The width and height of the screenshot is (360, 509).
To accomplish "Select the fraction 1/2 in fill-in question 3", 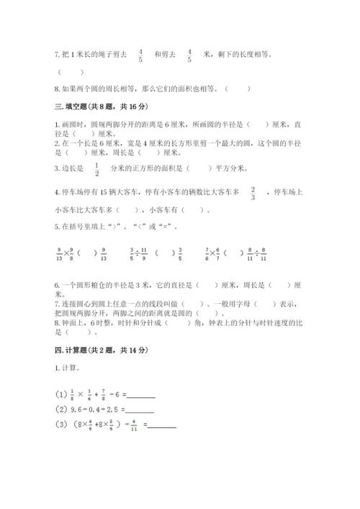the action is click(x=96, y=169).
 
